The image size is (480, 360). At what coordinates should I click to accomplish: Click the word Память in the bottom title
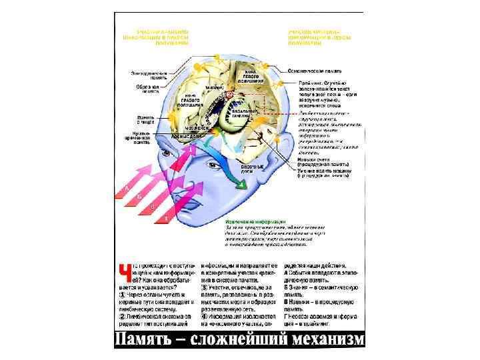[144, 339]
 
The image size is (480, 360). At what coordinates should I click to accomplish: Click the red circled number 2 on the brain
[227, 95]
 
